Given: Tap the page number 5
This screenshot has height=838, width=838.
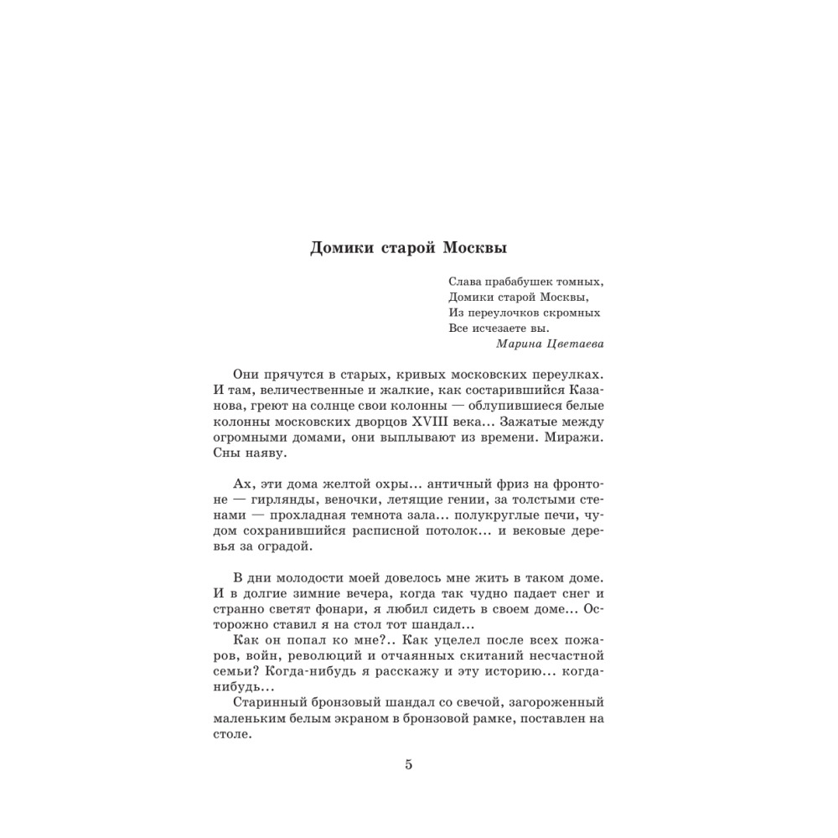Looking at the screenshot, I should click(409, 764).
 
